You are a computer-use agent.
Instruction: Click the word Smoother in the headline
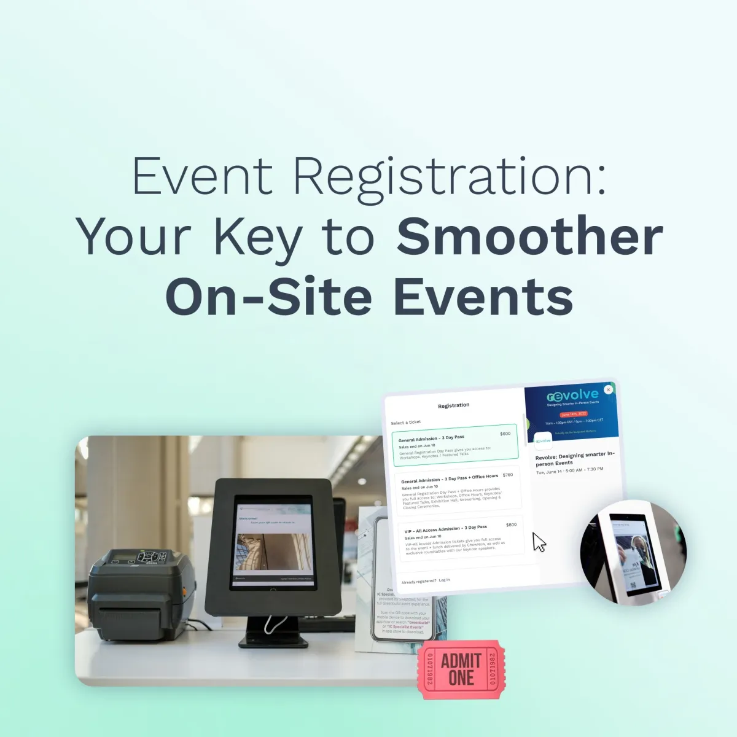[529, 236]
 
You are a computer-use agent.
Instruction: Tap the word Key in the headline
[257, 236]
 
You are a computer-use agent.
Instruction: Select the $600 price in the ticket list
[505, 434]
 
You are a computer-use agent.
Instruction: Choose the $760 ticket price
[507, 475]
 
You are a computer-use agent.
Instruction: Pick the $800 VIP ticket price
[511, 525]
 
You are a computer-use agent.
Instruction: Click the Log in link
[444, 580]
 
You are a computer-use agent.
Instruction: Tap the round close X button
[608, 389]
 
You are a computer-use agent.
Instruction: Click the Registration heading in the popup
[453, 405]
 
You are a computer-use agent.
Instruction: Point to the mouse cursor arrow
[539, 542]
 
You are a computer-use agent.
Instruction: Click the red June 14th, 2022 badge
[574, 415]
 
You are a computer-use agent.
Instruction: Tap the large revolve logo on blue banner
[572, 395]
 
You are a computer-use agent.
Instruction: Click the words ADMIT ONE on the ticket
[461, 669]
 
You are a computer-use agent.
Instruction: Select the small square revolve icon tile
[543, 440]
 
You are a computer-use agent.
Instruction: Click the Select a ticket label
[406, 423]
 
